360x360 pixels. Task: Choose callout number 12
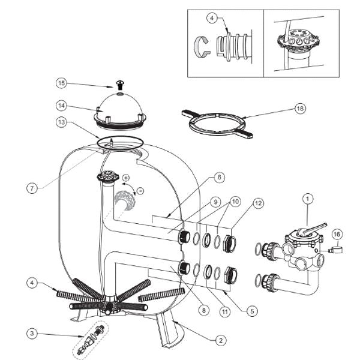tap(257, 203)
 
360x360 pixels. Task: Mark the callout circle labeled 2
tap(221, 340)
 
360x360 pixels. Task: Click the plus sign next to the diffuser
tap(125, 178)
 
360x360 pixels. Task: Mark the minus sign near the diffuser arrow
tap(140, 191)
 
